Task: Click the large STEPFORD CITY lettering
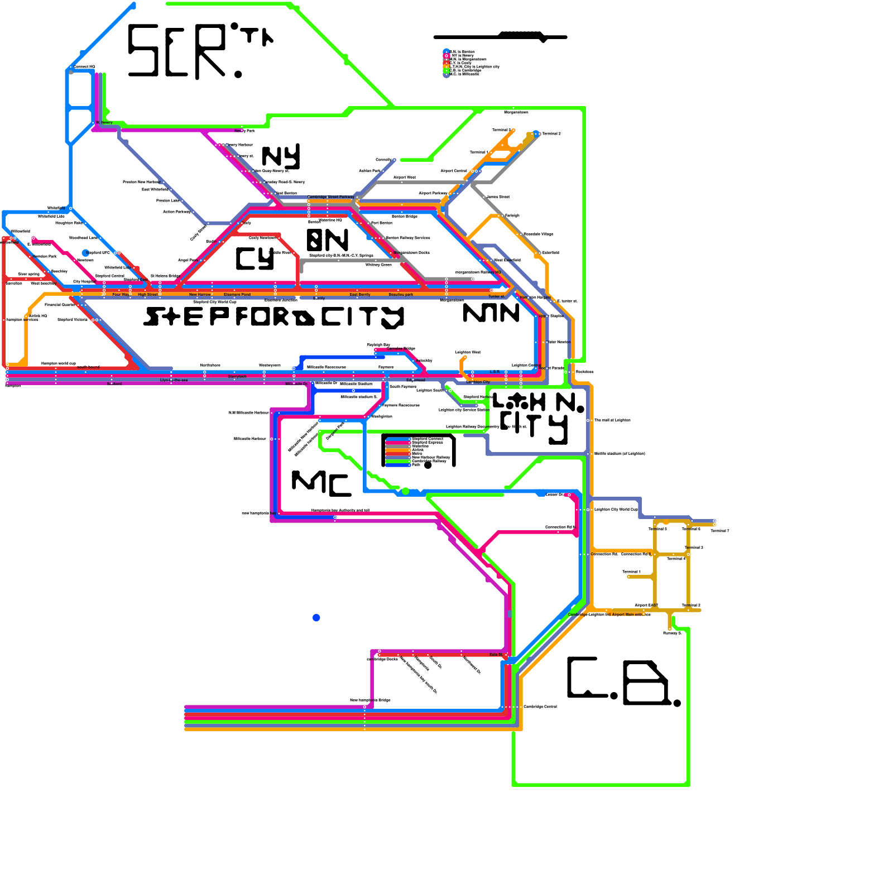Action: (x=273, y=317)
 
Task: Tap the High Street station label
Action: (x=148, y=295)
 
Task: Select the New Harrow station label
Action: (x=200, y=295)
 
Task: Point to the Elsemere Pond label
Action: (x=237, y=295)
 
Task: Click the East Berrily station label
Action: (x=360, y=295)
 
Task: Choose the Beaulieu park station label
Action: (x=401, y=295)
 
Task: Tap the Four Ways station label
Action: (x=121, y=295)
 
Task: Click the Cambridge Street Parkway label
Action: (x=330, y=197)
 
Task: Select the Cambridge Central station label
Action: (x=540, y=707)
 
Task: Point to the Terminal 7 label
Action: (x=719, y=531)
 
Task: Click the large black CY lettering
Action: (x=255, y=258)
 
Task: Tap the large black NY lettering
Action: (x=281, y=156)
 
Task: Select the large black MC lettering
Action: (x=321, y=483)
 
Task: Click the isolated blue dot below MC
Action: (x=316, y=618)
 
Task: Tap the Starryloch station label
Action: (x=237, y=377)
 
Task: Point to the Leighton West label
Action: (x=468, y=352)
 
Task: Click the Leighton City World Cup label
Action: (x=616, y=510)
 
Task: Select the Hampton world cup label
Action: (x=59, y=363)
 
